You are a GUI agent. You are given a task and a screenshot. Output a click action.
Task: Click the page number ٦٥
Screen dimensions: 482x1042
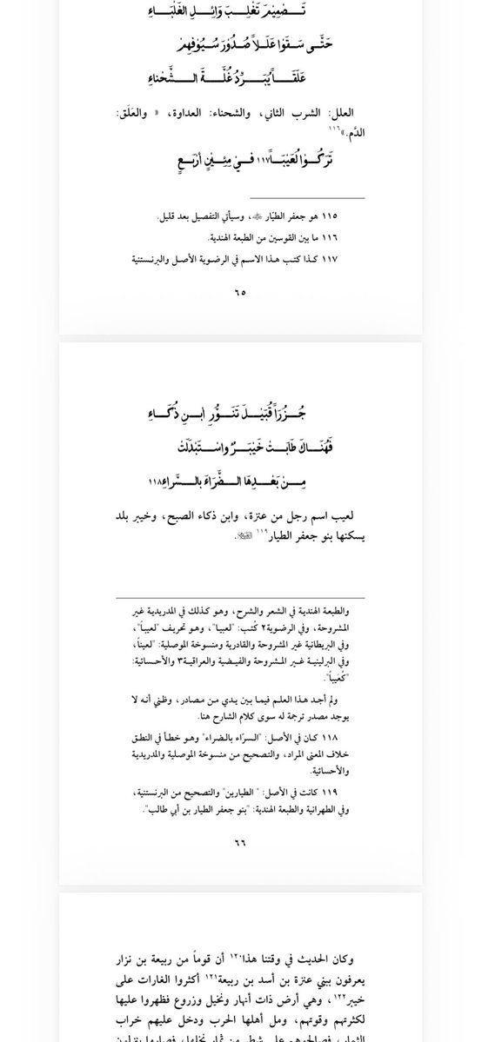tap(240, 292)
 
